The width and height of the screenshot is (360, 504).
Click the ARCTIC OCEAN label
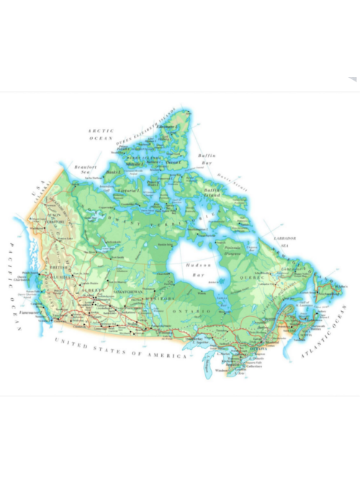click(x=100, y=134)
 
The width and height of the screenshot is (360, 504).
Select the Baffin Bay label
click(x=207, y=159)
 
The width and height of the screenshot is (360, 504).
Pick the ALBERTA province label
click(x=92, y=290)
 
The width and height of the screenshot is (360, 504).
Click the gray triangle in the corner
click(x=353, y=80)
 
